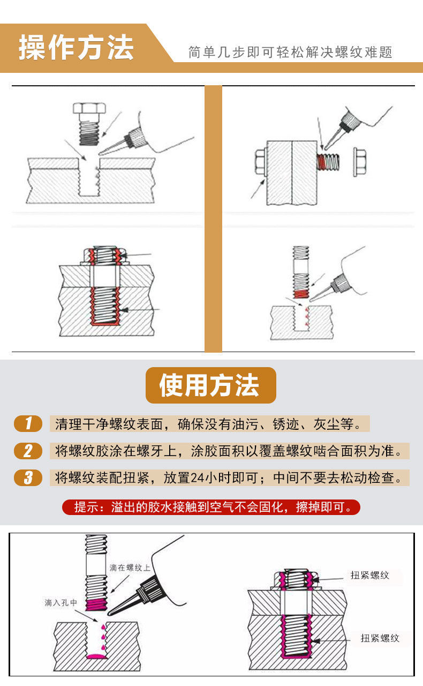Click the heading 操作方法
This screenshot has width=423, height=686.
tap(76, 48)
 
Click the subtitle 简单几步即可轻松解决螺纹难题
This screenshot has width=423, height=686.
tap(290, 52)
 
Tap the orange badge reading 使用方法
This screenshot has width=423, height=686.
tap(210, 385)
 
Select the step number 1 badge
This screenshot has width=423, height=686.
tap(28, 423)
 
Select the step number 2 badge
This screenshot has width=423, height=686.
tap(28, 451)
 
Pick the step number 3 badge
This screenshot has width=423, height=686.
tap(28, 478)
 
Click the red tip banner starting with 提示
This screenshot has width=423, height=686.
tap(211, 507)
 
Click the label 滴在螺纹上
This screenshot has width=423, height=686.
tap(130, 568)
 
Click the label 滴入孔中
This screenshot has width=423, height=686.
tap(61, 603)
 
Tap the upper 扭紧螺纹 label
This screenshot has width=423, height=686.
tap(370, 575)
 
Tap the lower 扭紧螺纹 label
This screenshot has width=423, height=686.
tap(380, 638)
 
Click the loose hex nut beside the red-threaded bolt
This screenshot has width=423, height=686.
tap(360, 162)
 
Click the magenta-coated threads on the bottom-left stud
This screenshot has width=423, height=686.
tap(96, 604)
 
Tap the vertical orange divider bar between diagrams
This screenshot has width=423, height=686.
tap(213, 219)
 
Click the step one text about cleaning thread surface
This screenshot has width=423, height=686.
tap(210, 424)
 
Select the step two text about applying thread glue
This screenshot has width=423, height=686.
tap(230, 451)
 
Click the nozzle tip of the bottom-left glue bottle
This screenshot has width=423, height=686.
tap(109, 614)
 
